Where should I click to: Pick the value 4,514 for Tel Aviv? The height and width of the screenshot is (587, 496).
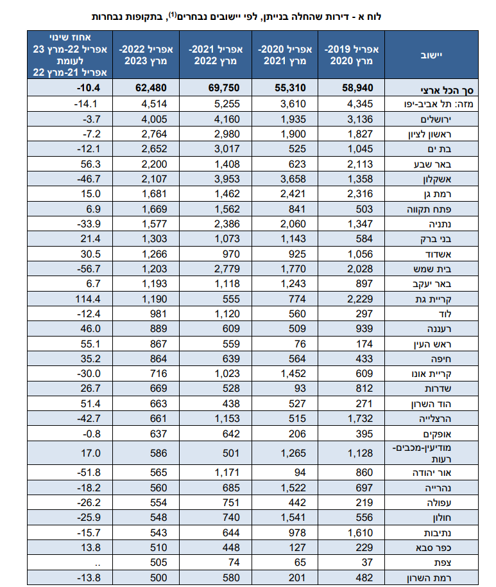[x=153, y=103]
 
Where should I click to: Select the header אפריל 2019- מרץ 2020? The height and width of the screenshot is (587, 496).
[x=354, y=55]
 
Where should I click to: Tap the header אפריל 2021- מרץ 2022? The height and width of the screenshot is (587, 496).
[x=214, y=55]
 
